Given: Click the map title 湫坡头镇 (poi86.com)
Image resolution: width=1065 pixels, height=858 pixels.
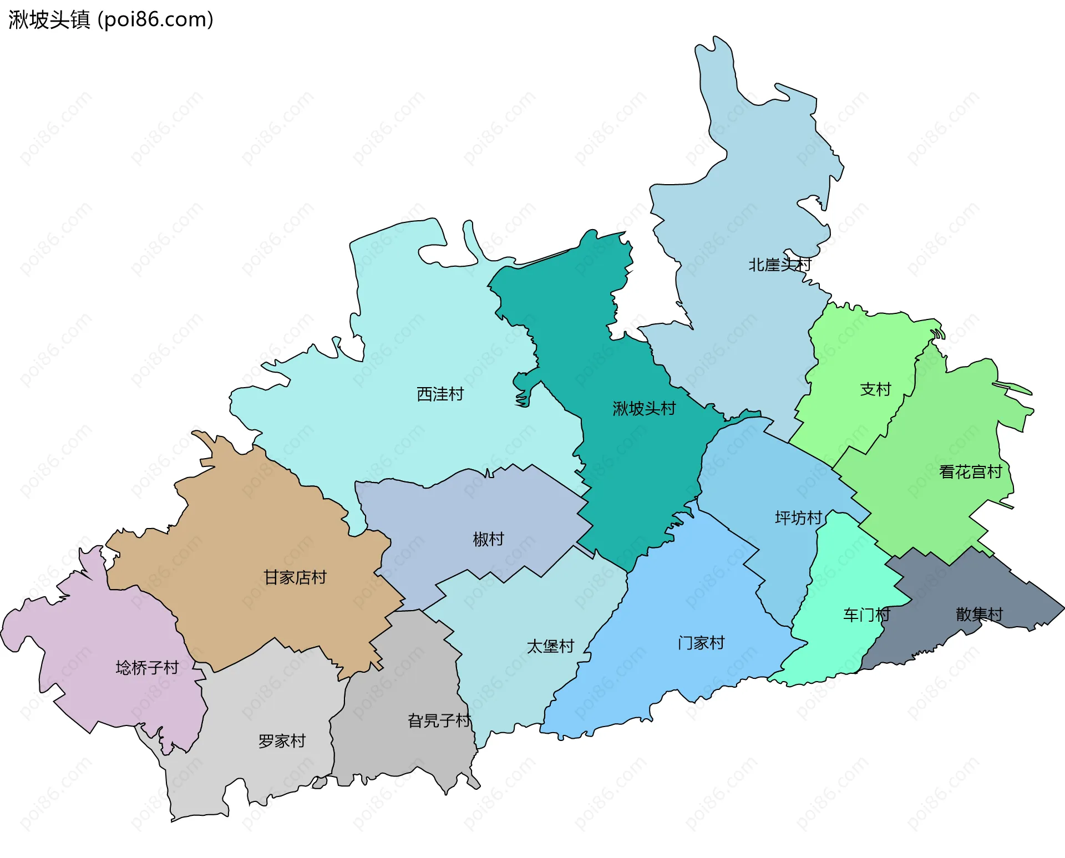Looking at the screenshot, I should click(111, 20).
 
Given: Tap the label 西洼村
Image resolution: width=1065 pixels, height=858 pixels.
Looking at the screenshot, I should click(440, 394).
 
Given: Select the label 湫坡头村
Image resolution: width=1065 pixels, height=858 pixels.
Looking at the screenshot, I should click(644, 409).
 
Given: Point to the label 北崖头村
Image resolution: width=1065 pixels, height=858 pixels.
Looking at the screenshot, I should click(779, 265).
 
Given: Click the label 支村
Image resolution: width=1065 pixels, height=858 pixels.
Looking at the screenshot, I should click(875, 389).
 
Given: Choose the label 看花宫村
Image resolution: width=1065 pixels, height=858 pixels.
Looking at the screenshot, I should click(970, 472).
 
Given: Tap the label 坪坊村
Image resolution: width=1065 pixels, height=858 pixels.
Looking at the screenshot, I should click(798, 518).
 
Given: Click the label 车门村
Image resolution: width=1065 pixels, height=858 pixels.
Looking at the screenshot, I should click(866, 615).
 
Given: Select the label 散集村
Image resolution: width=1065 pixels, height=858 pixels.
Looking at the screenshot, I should click(979, 614).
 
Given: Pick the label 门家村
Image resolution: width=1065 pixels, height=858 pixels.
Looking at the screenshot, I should click(701, 643).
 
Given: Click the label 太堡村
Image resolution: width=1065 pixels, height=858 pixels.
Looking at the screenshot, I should click(550, 646).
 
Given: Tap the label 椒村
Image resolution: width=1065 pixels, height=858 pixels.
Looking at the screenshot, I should click(488, 539).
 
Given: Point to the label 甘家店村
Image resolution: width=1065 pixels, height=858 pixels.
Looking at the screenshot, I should click(295, 577).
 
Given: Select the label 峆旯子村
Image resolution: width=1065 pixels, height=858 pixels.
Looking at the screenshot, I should click(439, 720).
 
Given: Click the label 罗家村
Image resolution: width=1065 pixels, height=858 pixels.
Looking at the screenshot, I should click(282, 741).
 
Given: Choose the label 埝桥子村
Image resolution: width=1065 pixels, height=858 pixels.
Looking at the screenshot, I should click(147, 667).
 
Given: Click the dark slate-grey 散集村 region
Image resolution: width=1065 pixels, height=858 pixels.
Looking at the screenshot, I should click(943, 588).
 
